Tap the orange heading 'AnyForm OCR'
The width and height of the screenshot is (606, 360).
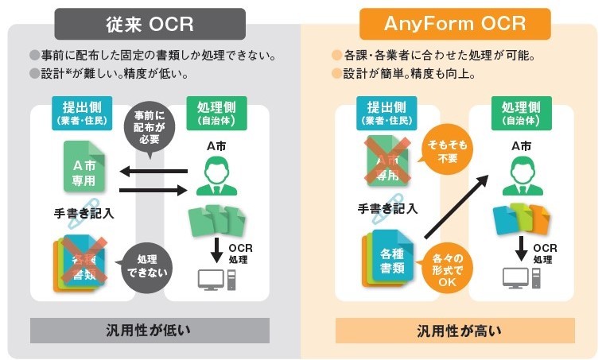click(455, 23)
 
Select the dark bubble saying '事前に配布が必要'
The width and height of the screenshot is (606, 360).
click(153, 127)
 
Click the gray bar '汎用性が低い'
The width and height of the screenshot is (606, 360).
click(150, 330)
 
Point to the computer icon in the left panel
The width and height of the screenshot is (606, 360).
click(212, 278)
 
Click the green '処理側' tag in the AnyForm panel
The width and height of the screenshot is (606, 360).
click(521, 113)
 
